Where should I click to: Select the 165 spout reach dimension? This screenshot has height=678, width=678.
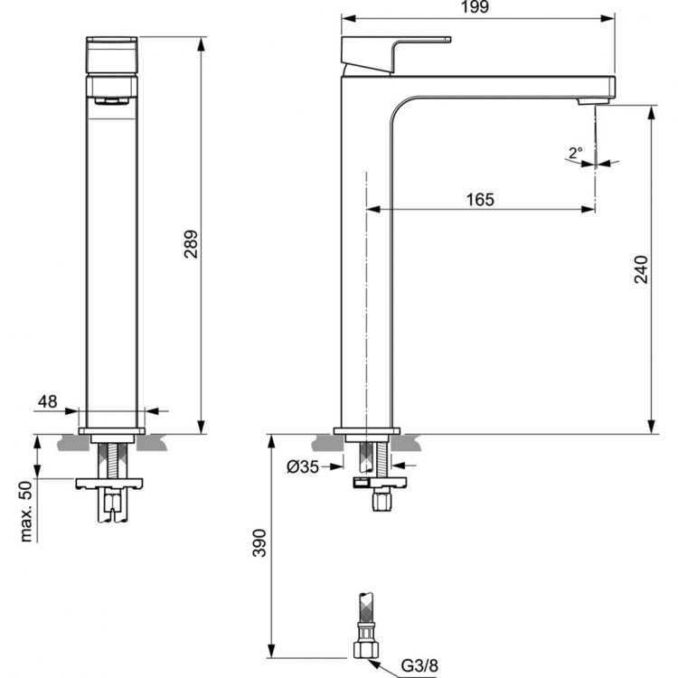click(x=480, y=199)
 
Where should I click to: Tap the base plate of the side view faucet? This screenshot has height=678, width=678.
click(x=366, y=430)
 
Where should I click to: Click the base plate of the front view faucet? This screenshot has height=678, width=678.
click(x=111, y=430)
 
